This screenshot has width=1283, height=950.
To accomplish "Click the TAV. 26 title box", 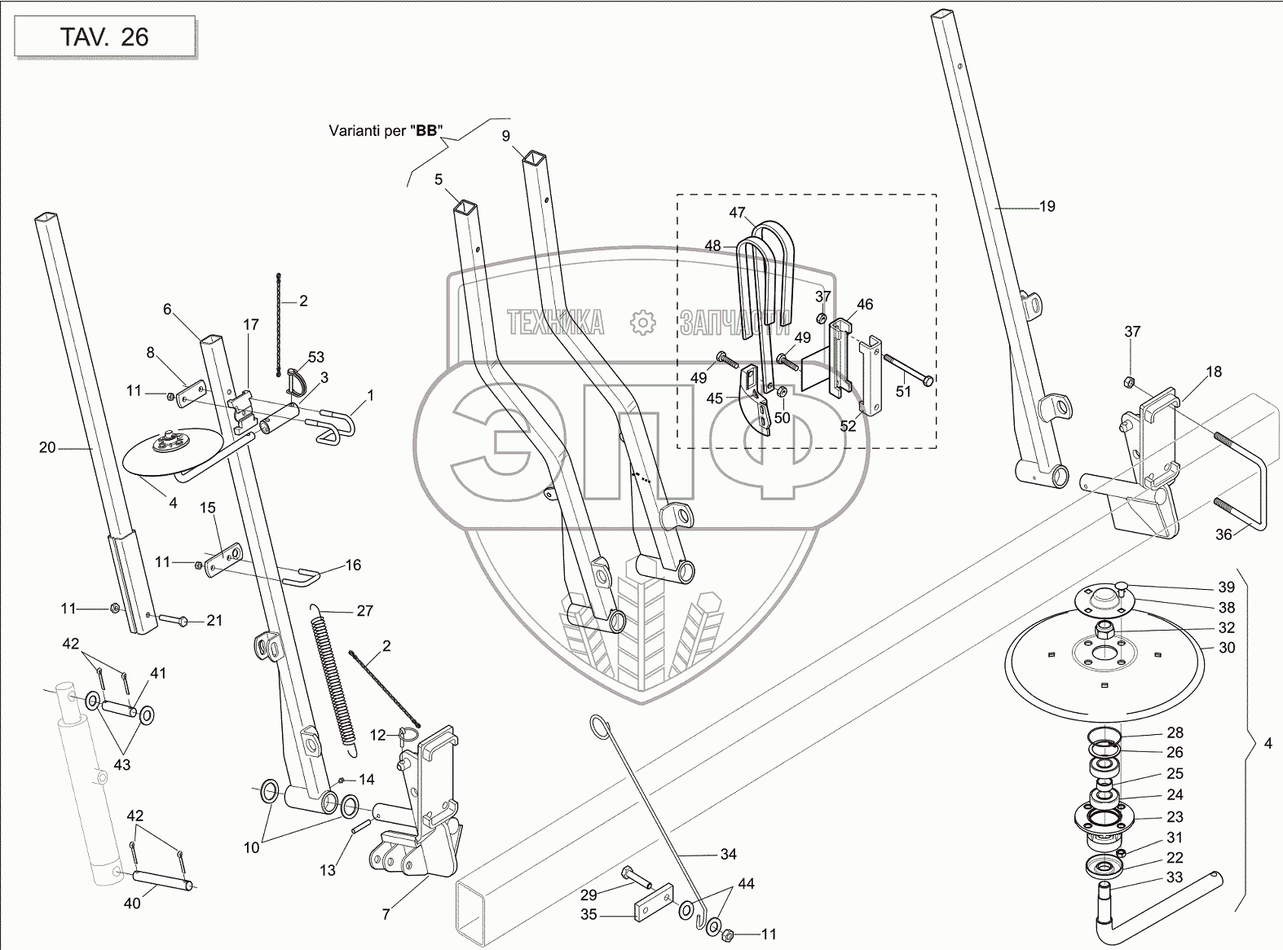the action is pos(104,37).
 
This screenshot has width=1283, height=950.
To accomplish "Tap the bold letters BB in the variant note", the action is pos(426,130).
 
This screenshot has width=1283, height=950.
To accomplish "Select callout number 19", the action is pos(1047,206).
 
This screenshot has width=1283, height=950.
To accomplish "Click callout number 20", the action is pos(47,447).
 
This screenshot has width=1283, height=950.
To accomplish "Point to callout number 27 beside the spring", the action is pos(364,610).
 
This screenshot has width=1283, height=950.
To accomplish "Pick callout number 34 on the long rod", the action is pos(728,854).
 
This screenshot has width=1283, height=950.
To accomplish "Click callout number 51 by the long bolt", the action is pos(903,391).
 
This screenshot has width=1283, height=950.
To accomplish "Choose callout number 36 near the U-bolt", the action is pos(1223,534).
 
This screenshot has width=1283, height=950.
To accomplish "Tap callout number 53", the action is pos(315,357).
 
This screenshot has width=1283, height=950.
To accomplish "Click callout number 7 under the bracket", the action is pos(386,914).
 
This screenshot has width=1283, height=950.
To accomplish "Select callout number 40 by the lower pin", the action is pos(132,904).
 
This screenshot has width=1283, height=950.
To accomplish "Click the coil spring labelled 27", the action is pos(334,681).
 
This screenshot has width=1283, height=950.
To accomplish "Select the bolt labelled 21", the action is pos(172,619).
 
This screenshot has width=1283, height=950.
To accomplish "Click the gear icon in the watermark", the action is pos(642,322).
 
